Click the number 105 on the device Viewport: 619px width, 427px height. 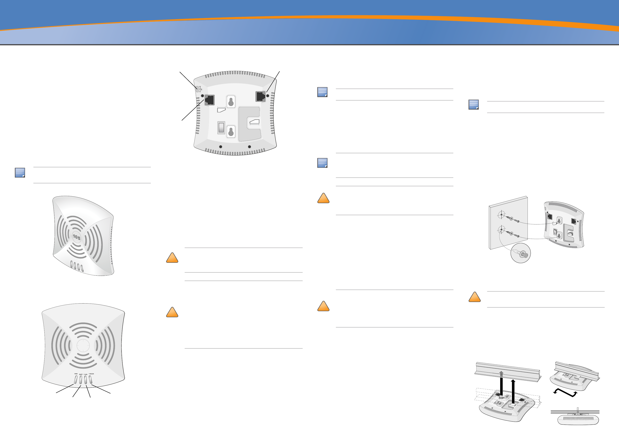[77, 237]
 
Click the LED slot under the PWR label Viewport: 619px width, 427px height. [76, 380]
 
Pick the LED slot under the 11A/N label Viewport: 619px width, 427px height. [86, 380]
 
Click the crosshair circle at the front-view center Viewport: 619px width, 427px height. [83, 345]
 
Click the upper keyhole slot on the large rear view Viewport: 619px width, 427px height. [231, 102]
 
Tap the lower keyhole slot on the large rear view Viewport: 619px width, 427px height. [231, 132]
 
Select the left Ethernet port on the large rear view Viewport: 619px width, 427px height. [209, 100]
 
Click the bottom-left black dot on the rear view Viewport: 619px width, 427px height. [221, 147]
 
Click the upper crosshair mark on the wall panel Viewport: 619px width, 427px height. [501, 214]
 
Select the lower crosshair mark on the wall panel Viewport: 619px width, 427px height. [501, 230]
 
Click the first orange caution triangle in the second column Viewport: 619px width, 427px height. [172, 258]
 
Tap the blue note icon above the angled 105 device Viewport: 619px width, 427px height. [20, 172]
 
